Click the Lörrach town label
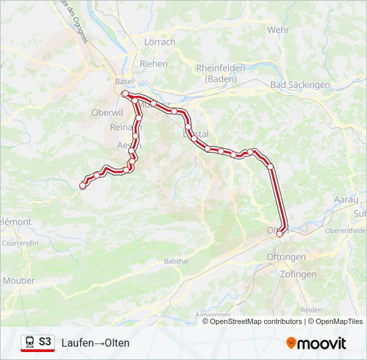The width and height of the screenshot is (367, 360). [x=159, y=42]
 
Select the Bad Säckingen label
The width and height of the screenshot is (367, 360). [x=300, y=85]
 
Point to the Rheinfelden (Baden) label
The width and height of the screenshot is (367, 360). [x=221, y=73]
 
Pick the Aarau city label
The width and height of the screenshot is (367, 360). [x=346, y=199]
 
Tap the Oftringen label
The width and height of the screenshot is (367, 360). [x=286, y=257]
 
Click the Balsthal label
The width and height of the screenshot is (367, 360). [x=177, y=260]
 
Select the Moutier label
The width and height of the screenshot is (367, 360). [x=19, y=281]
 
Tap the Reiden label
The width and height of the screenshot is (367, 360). [x=311, y=310]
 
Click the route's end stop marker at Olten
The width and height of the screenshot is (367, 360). [x=280, y=233]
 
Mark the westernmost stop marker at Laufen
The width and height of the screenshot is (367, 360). [x=83, y=186]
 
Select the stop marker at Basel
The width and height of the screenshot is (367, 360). [x=125, y=94]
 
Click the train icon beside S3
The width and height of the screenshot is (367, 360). [x=29, y=342]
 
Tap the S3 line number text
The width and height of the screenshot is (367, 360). [x=45, y=342]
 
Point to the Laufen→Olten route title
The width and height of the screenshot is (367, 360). [x=95, y=343]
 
